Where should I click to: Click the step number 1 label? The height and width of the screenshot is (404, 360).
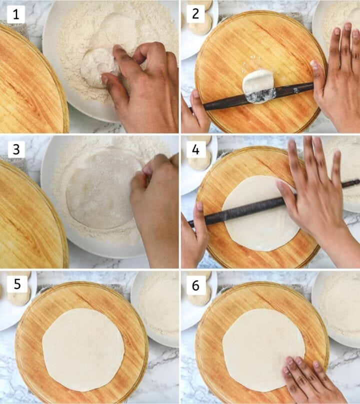(15, 15)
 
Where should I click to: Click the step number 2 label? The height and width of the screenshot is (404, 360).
(195, 15)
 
